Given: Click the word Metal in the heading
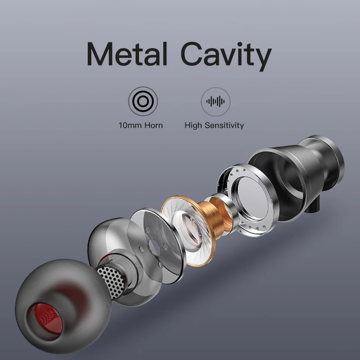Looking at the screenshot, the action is tap(127, 54).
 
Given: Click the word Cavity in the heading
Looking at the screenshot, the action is tap(226, 56).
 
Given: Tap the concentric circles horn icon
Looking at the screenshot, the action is tap(143, 101).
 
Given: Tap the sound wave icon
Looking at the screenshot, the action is tap(216, 102).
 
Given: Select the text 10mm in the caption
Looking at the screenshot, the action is tap(130, 126).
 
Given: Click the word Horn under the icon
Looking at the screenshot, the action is tap(153, 126).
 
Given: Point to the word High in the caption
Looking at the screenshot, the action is tap(193, 126).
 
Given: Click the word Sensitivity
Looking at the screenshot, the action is tap(224, 126).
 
